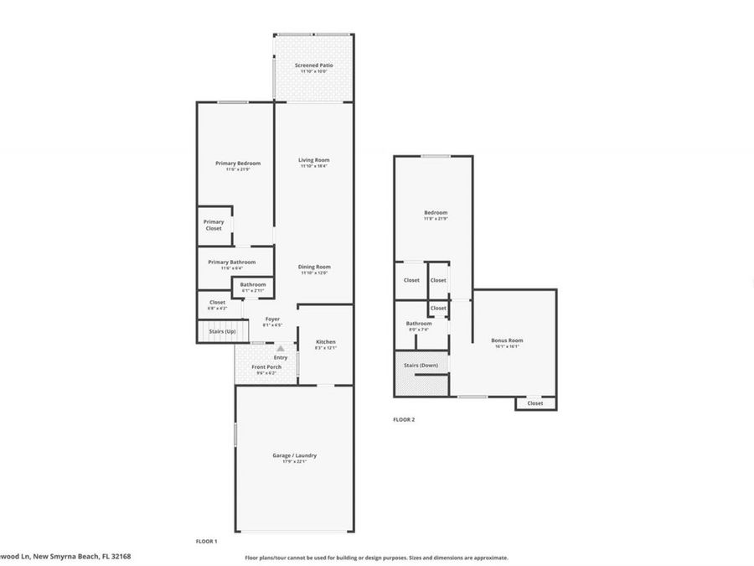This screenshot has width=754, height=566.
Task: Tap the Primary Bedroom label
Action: point(238,164)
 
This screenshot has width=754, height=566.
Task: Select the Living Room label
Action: point(314,160)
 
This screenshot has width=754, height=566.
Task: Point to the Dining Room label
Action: point(314,267)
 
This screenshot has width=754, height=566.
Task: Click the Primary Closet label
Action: point(214,225)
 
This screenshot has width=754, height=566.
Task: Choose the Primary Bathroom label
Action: point(232,262)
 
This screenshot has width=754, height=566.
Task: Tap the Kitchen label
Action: point(325,342)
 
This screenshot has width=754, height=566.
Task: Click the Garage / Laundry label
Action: point(294,456)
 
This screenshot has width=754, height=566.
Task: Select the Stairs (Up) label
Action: point(222,332)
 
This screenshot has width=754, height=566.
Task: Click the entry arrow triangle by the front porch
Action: point(281,348)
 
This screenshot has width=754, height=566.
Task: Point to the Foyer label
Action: point(272,319)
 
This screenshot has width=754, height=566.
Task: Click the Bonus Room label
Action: point(507,340)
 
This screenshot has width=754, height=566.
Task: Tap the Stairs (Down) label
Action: point(421,366)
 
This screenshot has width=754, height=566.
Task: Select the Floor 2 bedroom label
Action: point(436,213)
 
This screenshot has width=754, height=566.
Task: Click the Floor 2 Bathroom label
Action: point(418,324)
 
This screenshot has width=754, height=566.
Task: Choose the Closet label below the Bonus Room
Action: point(535,403)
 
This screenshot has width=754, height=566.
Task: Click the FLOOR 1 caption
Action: point(206,542)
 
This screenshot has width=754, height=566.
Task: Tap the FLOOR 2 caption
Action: point(404,419)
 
